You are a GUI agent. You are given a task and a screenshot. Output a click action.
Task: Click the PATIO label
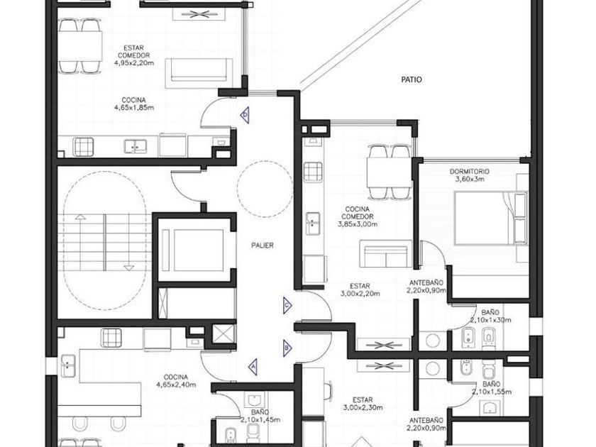click(412, 79)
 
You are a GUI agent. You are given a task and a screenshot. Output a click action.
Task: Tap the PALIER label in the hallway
click(263, 245)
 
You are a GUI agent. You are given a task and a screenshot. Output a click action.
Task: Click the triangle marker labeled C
click(287, 306)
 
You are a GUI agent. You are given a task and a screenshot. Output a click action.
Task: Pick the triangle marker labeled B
click(287, 348)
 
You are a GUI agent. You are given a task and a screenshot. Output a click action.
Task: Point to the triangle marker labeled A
click(253, 366)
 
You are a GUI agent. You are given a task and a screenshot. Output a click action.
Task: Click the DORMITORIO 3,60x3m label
click(470, 175)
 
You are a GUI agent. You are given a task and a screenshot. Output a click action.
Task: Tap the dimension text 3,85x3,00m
click(358, 224)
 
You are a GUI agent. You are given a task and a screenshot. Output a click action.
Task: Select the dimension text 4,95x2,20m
click(134, 63)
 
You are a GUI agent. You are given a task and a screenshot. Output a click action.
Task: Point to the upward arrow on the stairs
click(80, 241)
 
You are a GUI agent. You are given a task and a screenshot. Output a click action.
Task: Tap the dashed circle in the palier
click(265, 189)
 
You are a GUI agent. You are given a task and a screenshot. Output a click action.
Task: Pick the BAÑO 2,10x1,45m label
click(260, 416)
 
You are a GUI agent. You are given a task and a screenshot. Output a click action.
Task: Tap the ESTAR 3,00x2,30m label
click(363, 404)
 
